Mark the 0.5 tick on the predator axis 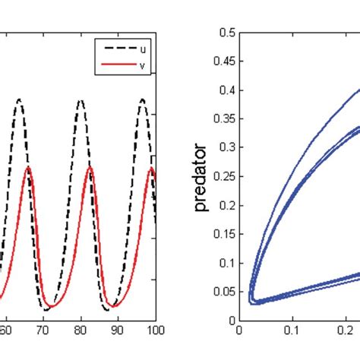tap(225, 33)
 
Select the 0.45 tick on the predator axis tap(223, 62)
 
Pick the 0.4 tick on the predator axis tap(225, 90)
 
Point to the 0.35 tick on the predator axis tap(223, 119)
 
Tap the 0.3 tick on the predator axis tap(225, 148)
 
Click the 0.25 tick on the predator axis tap(223, 177)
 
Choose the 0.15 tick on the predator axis tap(223, 235)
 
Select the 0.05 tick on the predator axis tap(223, 292)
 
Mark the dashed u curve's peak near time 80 tap(81, 99)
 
